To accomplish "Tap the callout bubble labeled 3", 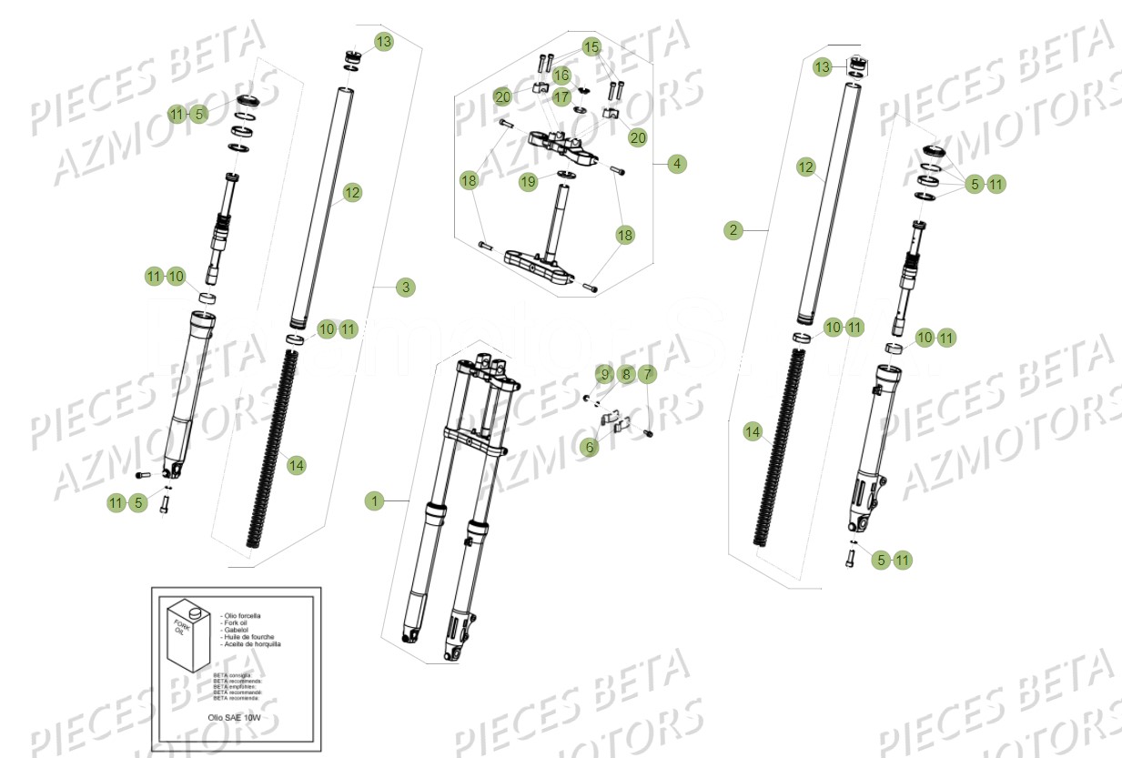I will click(406, 288).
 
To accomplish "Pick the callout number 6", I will click(590, 448).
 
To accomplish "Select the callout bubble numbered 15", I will click(591, 46).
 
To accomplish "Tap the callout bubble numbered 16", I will click(561, 75).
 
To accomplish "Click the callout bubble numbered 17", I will click(561, 96).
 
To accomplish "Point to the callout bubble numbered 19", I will click(529, 182).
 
